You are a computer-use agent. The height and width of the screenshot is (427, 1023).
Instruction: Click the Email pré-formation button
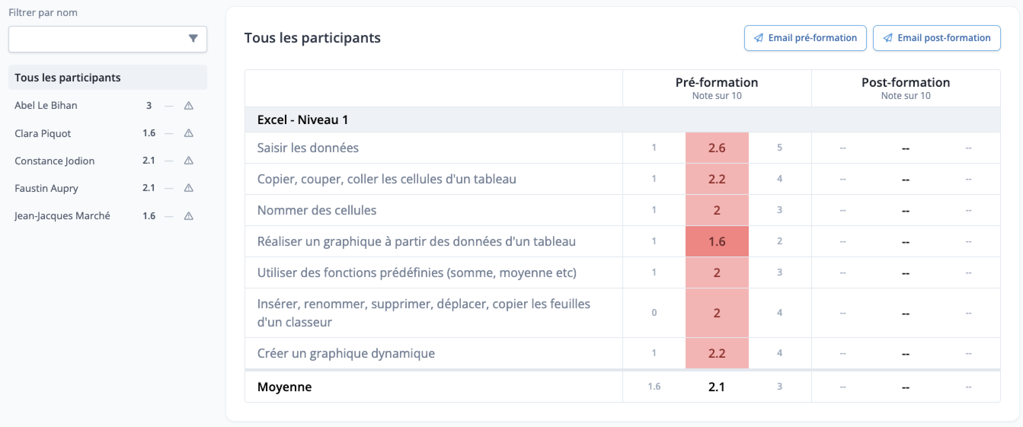tap(805, 38)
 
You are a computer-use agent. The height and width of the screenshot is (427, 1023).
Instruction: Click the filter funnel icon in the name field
tap(193, 38)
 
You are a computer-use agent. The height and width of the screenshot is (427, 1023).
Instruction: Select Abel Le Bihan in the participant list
tap(46, 105)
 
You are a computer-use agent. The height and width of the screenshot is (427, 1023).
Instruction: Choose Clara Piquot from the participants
tap(43, 133)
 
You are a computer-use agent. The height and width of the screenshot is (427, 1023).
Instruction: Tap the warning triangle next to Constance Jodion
tap(189, 160)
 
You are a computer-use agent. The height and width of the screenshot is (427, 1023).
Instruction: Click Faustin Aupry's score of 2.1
tap(149, 188)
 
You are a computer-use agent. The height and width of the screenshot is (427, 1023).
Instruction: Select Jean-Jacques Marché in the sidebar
tap(62, 215)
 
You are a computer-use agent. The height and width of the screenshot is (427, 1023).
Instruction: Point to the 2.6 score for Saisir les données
tap(717, 148)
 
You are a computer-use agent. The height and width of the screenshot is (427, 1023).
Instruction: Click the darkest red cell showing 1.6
tap(717, 241)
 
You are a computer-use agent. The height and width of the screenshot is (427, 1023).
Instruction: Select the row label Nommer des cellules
tap(316, 210)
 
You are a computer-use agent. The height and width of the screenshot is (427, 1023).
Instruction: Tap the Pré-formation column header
tap(717, 82)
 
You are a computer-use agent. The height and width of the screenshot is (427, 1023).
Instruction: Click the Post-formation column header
tap(905, 82)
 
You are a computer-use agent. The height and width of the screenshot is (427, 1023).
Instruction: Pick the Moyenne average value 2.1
tap(716, 387)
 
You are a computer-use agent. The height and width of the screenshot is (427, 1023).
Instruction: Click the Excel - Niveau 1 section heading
tap(303, 119)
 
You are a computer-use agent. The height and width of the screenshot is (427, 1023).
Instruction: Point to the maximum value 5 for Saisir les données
tap(779, 148)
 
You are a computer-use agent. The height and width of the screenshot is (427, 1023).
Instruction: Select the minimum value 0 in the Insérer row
tap(654, 313)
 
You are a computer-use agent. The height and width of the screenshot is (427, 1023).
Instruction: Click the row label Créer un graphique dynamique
tap(346, 353)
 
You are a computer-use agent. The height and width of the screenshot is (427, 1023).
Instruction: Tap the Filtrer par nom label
tap(43, 13)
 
